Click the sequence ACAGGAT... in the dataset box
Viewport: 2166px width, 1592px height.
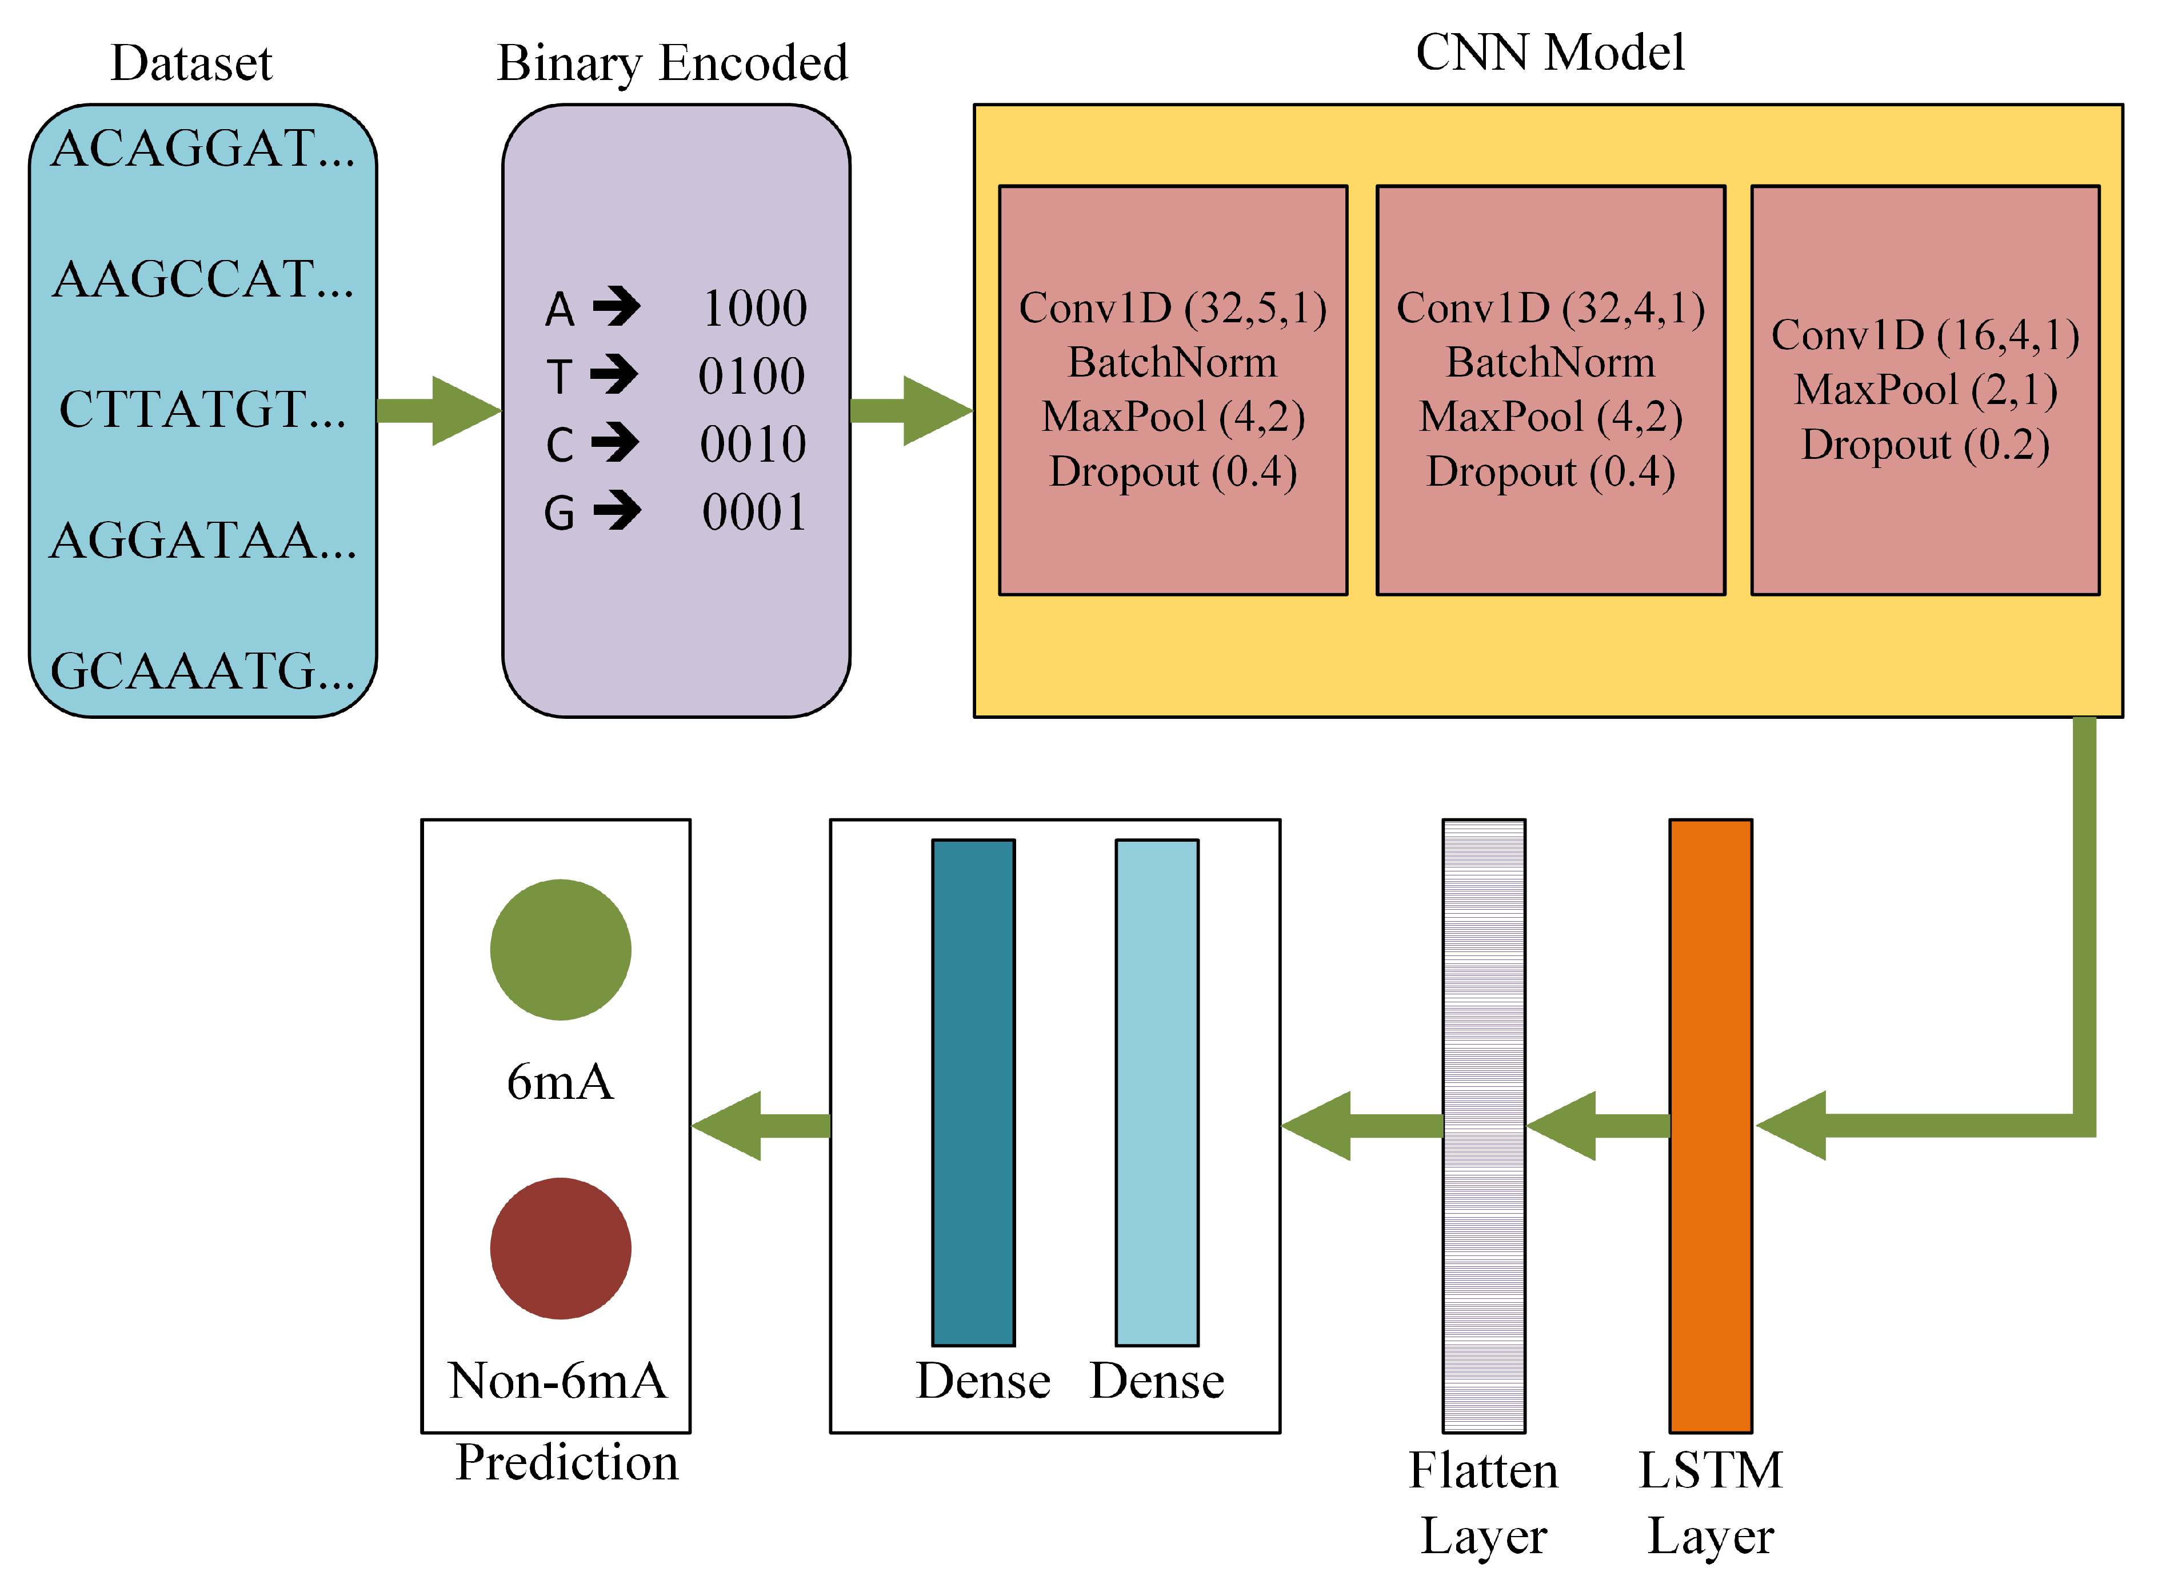202,149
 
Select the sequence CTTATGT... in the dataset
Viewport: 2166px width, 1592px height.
202,410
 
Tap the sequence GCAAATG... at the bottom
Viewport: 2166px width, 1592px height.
202,671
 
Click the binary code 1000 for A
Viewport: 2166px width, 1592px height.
754,309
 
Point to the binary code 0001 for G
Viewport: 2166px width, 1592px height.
754,513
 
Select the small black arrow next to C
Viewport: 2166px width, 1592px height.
616,443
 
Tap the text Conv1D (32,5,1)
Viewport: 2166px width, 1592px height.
1173,309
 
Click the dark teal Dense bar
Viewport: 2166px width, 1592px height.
973,1092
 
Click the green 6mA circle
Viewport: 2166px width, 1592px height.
561,949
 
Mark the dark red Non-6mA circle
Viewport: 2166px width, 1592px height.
561,1248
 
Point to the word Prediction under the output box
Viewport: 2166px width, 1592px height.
566,1463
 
